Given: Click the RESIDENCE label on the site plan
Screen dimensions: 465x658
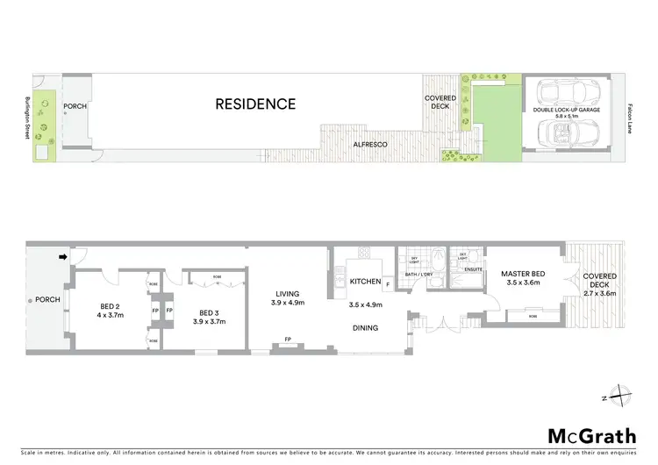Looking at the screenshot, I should tap(256, 104).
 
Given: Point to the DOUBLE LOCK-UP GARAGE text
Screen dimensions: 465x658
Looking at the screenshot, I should tap(568, 109).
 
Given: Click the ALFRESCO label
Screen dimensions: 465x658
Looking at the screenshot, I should tap(364, 143).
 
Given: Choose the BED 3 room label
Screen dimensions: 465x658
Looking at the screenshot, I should tap(209, 313).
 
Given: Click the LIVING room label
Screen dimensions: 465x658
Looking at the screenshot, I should tap(289, 295).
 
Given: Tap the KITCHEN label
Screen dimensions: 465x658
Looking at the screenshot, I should tap(364, 282).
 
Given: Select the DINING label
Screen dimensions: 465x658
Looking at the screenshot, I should tap(365, 328).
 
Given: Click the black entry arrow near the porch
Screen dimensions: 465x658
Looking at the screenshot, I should tap(62, 257).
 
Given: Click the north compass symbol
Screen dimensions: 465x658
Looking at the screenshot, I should tap(619, 396).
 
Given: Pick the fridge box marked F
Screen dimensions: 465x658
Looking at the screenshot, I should tap(387, 284).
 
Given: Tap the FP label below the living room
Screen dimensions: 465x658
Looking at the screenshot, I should tap(288, 340).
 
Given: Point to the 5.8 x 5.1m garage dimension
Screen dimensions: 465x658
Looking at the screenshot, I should tap(568, 116).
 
